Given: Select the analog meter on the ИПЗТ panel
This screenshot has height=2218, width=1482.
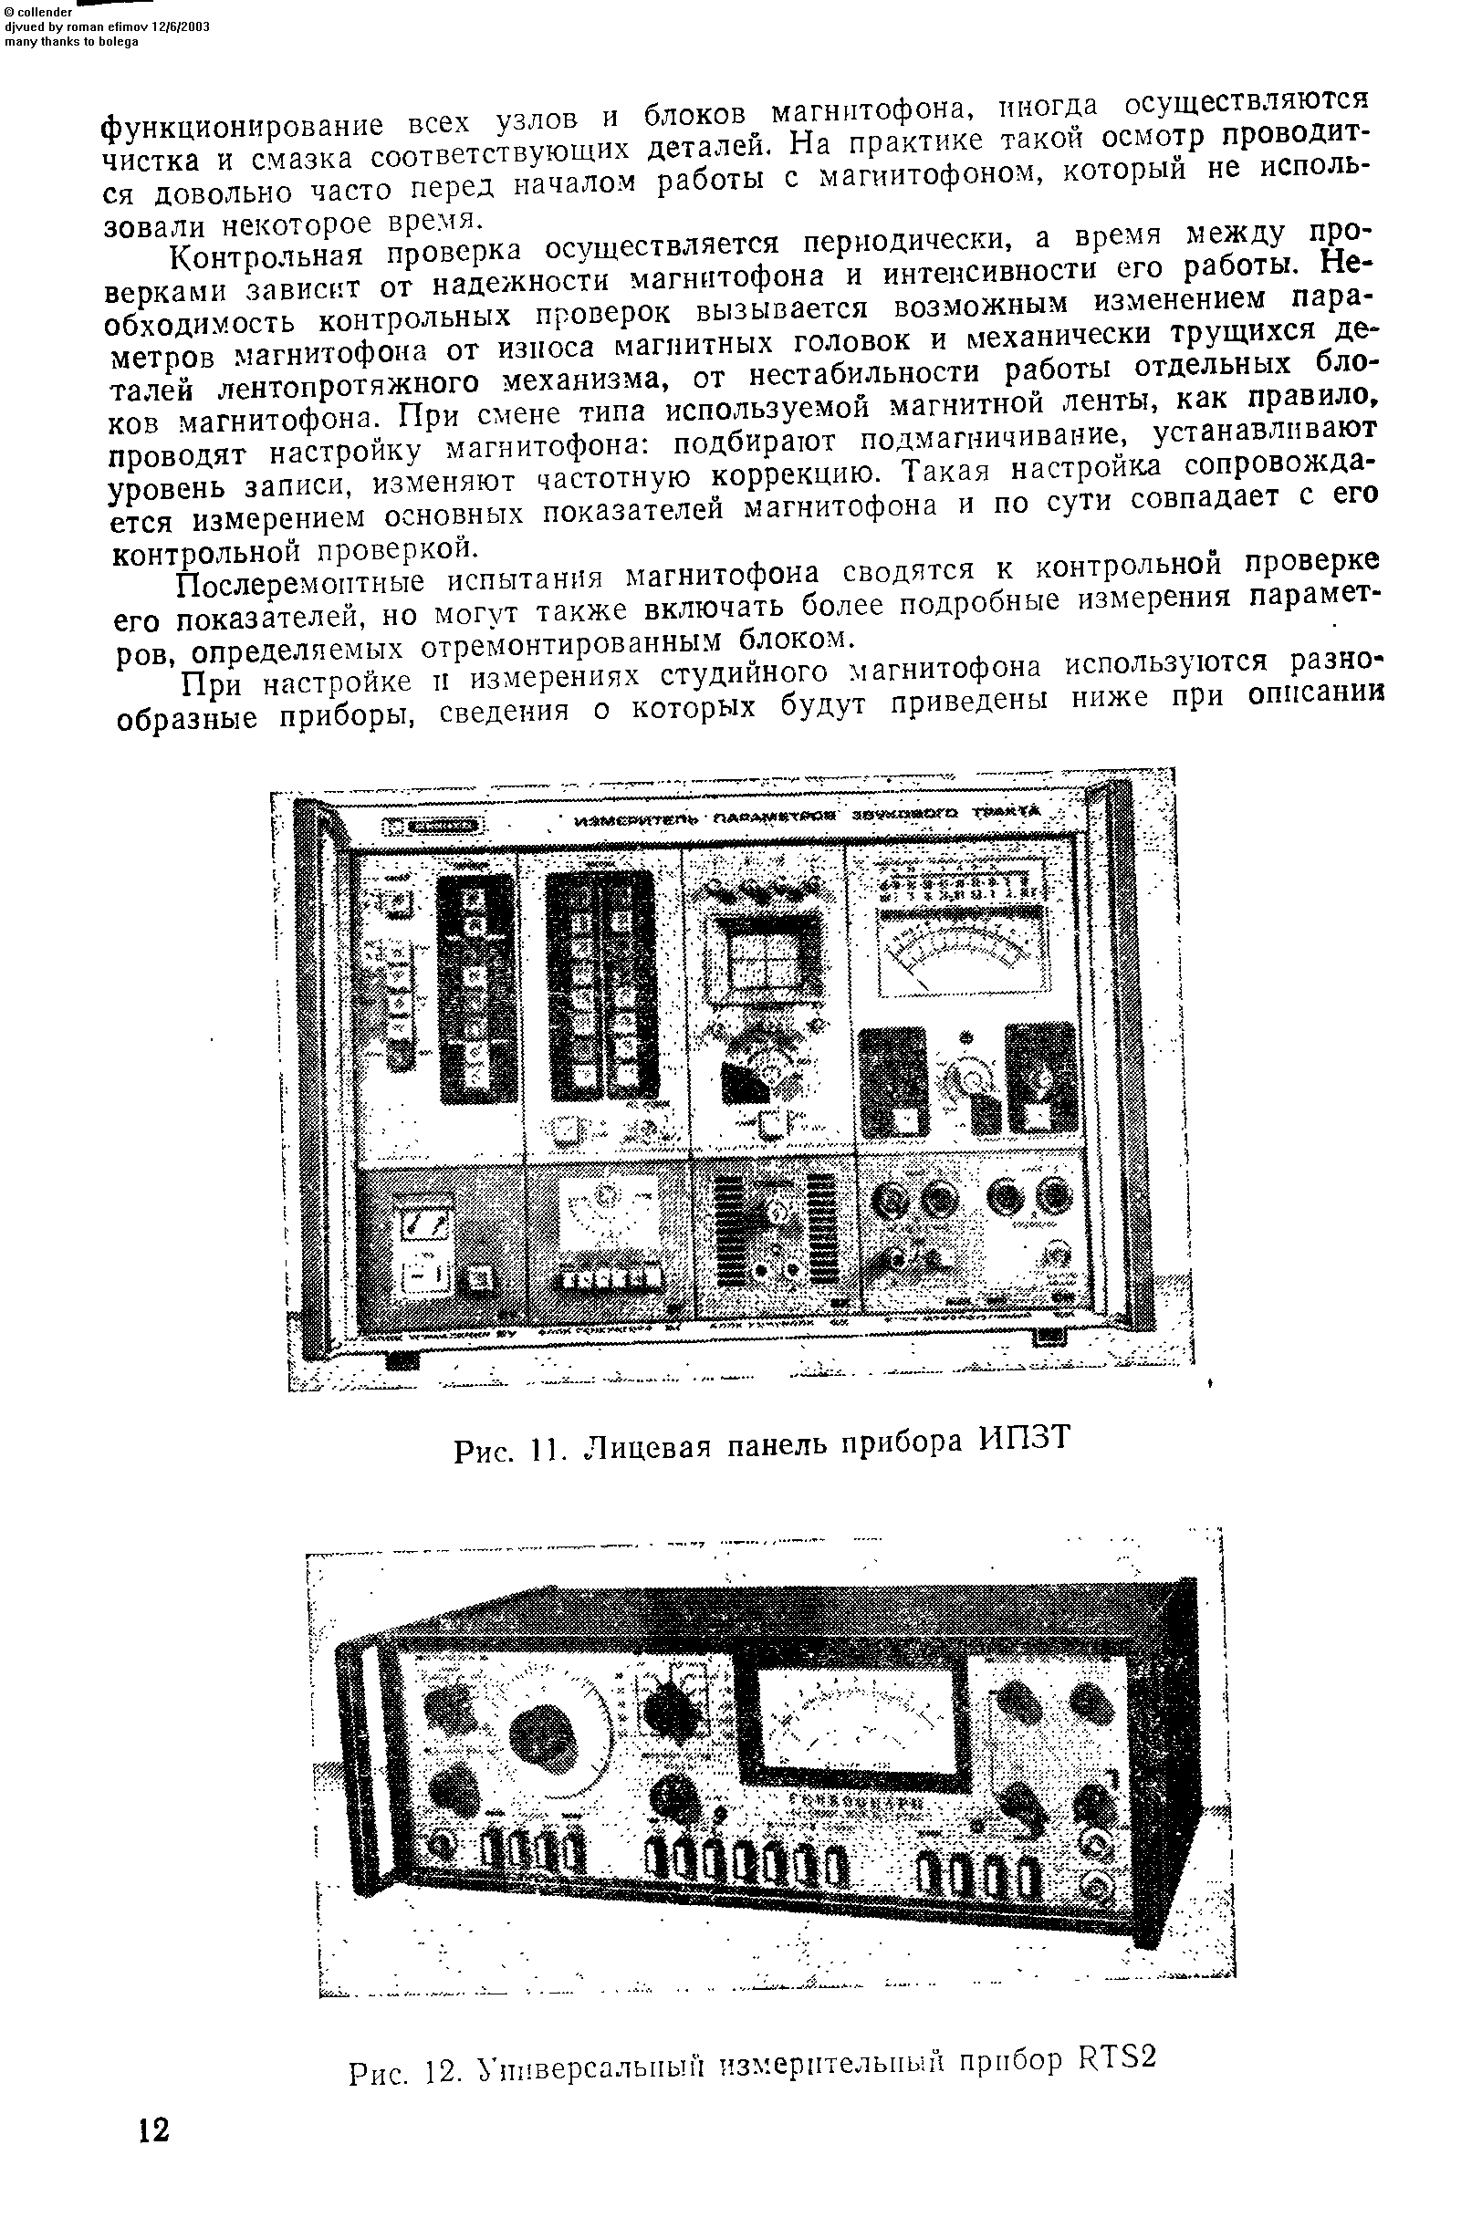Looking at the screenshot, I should [x=962, y=956].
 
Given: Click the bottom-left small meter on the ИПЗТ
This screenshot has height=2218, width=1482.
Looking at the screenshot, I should [x=423, y=1223].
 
